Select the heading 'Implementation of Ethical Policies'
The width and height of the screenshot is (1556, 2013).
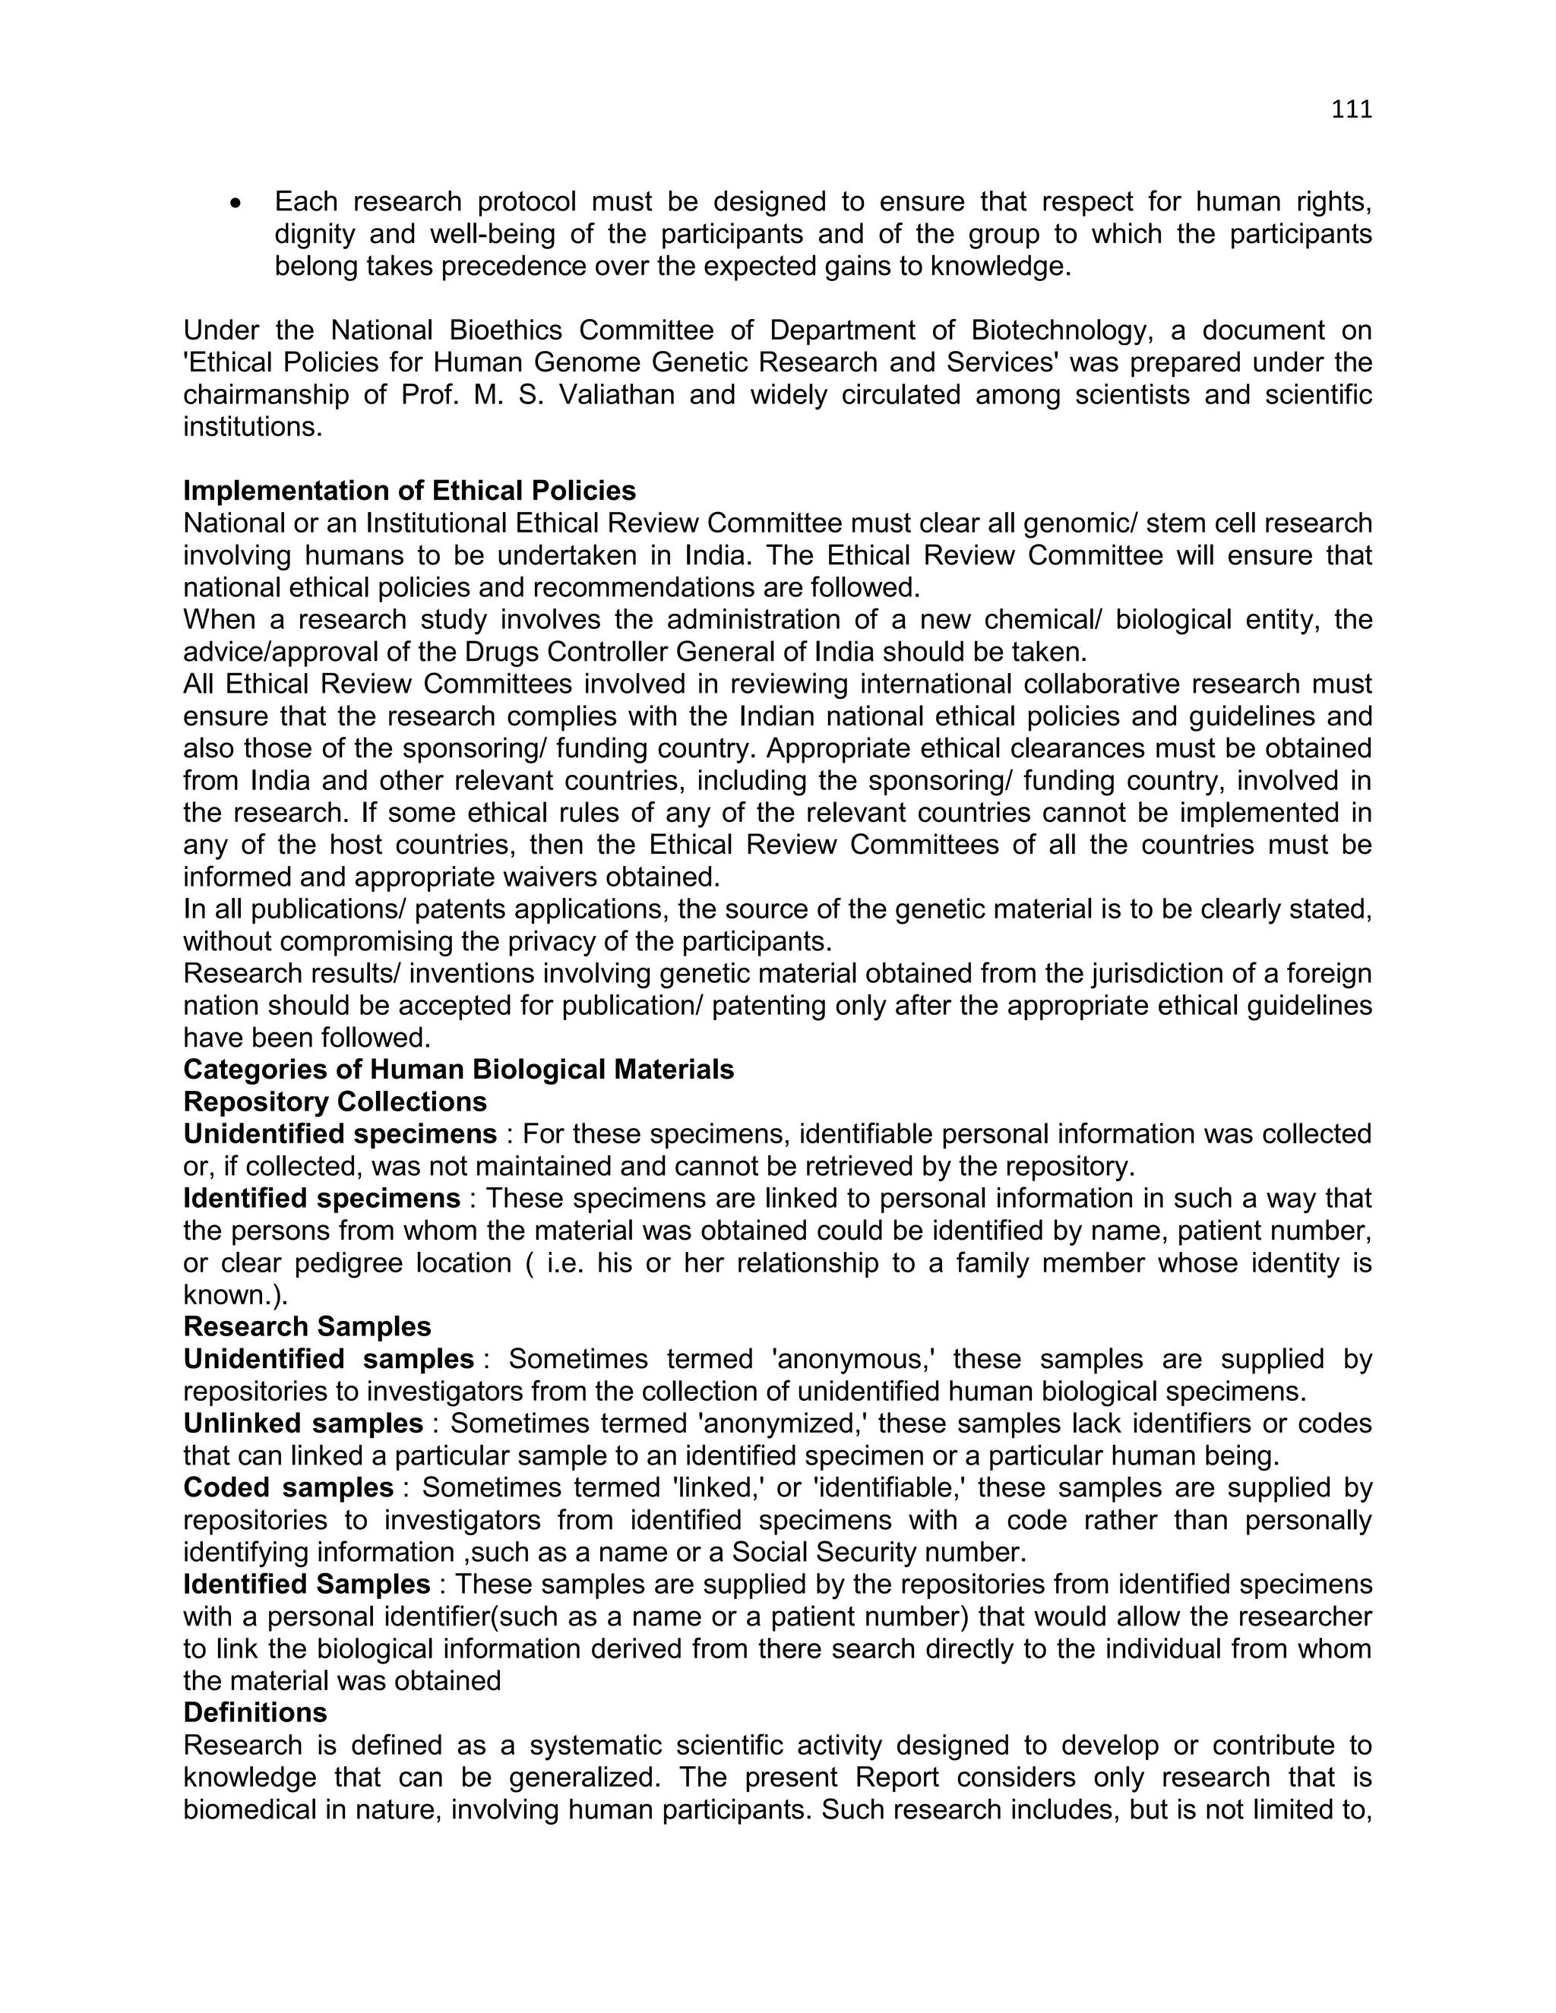point(410,491)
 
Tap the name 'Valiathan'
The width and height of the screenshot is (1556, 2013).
point(617,394)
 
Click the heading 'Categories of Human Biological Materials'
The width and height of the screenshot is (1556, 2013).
point(458,1070)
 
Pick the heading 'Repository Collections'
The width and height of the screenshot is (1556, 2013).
point(334,1101)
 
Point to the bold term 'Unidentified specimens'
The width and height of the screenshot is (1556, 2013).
point(340,1133)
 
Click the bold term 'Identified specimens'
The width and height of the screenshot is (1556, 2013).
point(321,1198)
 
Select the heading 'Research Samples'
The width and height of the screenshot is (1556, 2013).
point(307,1326)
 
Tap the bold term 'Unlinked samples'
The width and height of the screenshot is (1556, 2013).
point(303,1423)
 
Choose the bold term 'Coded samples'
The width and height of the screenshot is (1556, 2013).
point(289,1487)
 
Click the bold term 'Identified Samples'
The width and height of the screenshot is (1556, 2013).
point(306,1585)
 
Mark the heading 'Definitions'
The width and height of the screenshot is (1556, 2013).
point(255,1712)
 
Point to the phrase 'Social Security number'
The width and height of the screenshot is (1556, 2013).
point(877,1552)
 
